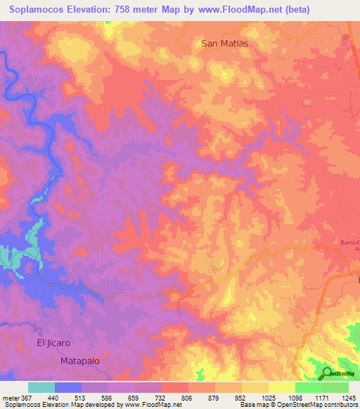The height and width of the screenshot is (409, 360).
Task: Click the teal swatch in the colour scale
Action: pos(41,387)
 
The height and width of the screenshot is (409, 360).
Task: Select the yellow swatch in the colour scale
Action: pos(282,387)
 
